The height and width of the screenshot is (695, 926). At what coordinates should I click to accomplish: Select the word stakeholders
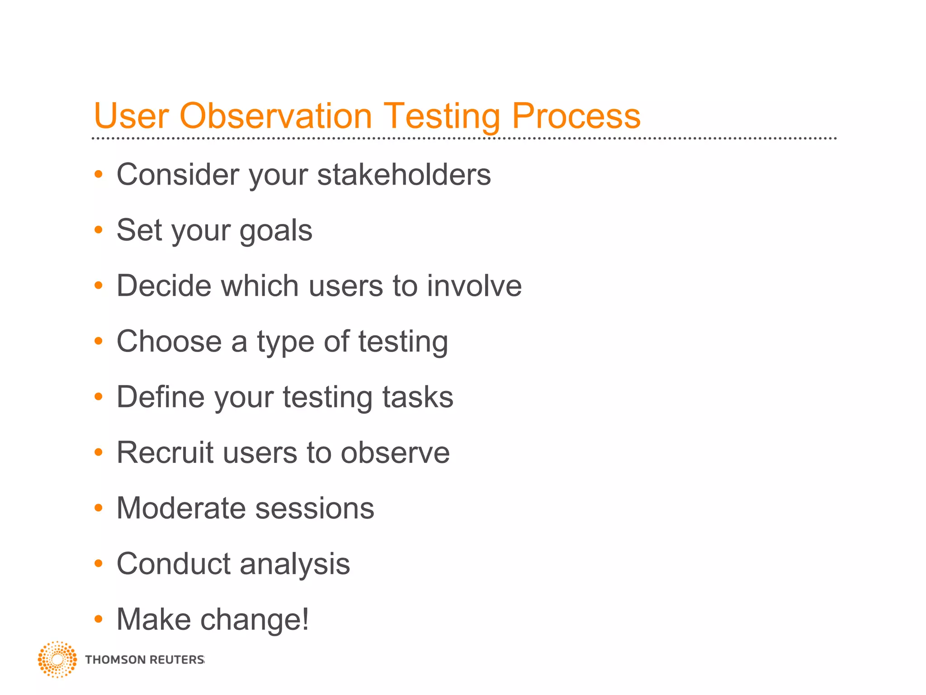(404, 175)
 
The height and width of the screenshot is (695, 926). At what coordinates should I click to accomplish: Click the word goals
(276, 230)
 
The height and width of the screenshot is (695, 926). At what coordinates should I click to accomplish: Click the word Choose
(169, 341)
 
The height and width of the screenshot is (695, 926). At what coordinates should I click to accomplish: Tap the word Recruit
(165, 452)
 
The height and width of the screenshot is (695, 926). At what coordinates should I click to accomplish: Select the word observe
(395, 452)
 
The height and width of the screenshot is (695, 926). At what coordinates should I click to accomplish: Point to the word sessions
(315, 508)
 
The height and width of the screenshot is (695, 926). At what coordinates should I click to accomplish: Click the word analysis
(295, 564)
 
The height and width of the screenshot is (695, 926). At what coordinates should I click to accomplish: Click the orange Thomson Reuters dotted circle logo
(57, 659)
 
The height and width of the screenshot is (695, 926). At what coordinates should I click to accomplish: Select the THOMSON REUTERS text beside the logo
(145, 660)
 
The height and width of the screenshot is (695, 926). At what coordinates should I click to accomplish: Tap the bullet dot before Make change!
(99, 619)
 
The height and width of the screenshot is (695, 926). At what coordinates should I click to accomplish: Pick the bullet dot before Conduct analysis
(99, 563)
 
